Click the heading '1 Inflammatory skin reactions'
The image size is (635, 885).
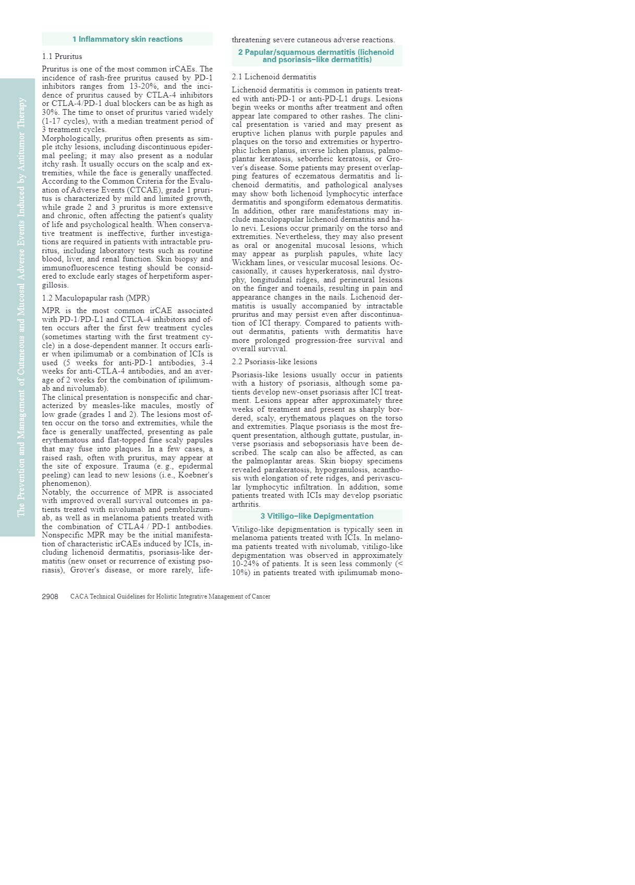[x=127, y=39]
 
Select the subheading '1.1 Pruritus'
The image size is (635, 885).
[x=62, y=56]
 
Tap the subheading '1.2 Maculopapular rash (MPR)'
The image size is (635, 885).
[x=95, y=298]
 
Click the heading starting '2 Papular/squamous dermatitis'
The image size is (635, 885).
[x=316, y=56]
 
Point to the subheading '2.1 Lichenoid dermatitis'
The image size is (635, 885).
[x=274, y=77]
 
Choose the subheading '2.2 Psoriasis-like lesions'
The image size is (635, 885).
[x=274, y=362]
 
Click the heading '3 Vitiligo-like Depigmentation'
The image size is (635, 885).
[x=316, y=516]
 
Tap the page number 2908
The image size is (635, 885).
[x=50, y=596]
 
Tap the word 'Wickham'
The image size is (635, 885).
[x=248, y=262]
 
